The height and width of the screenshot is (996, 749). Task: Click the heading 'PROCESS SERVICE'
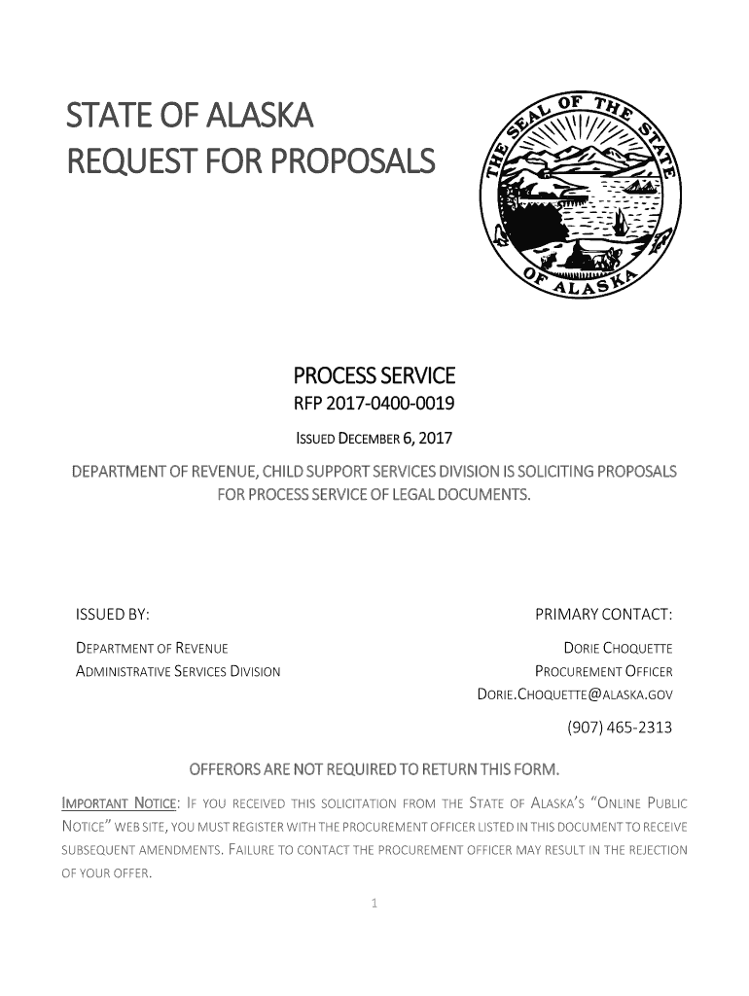coord(374,375)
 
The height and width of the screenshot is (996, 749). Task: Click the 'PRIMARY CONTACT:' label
coord(604,615)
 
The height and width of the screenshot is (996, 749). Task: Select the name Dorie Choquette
coord(619,649)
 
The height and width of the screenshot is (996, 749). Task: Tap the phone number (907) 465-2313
coord(620,728)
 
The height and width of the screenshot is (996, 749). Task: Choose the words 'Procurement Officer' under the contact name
coord(604,671)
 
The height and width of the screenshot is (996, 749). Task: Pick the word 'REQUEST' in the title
coord(122,160)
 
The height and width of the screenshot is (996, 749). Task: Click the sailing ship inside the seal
coord(619,222)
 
